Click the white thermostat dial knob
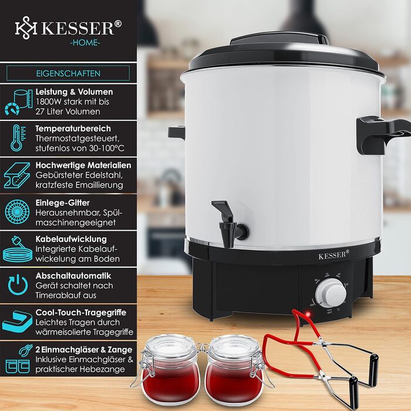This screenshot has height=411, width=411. [x=331, y=293]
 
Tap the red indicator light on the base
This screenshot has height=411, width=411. [x=308, y=314]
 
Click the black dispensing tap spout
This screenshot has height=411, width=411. [x=230, y=224]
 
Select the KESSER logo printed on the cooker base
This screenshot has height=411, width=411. [x=333, y=255]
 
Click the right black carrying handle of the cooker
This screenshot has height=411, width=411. [x=382, y=134]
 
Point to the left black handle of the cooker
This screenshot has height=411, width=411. [x=176, y=132]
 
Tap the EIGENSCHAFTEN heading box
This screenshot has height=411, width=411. [x=68, y=73]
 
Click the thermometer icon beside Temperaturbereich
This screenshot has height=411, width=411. [x=18, y=138]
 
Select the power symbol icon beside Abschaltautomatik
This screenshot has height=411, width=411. [x=18, y=285]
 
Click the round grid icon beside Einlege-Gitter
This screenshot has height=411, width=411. [x=17, y=212]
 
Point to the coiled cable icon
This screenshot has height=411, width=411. [x=17, y=250]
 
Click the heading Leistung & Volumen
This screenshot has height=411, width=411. [x=75, y=92]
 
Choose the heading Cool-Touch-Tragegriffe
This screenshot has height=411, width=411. [x=81, y=312]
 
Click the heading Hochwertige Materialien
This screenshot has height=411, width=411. [x=83, y=166]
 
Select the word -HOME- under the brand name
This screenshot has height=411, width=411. [x=85, y=43]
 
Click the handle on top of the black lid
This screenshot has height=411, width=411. [x=279, y=38]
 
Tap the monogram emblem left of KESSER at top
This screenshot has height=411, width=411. [x=26, y=28]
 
